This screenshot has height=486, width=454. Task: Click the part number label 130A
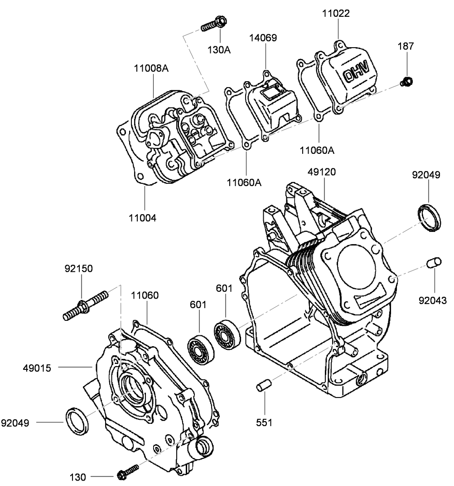[219, 49]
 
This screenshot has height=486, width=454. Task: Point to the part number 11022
[336, 14]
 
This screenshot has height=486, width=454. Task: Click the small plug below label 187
[406, 82]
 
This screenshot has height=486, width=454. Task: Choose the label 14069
[263, 38]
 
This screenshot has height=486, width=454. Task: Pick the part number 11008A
[151, 69]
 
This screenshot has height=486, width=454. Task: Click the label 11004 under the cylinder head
[142, 218]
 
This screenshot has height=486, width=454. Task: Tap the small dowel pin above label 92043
[434, 263]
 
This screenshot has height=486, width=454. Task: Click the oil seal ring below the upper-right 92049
[429, 218]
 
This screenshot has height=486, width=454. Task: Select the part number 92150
[78, 269]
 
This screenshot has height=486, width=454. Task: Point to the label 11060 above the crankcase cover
[145, 296]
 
